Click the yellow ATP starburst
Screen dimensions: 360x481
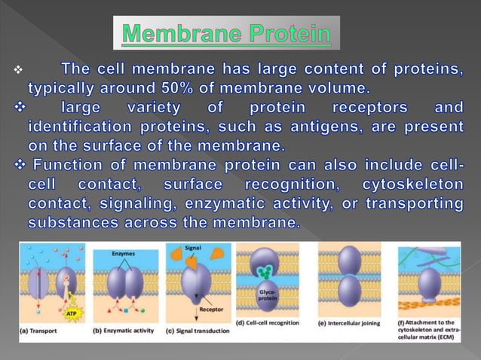click(72, 312)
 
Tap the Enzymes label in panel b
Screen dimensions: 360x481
click(123, 254)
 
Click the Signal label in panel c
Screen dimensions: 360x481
click(191, 247)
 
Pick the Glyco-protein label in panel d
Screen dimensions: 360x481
click(267, 295)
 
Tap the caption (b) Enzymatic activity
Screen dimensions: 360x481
click(124, 328)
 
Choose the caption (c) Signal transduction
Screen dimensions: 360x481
click(198, 328)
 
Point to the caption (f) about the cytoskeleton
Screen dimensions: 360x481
click(428, 329)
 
